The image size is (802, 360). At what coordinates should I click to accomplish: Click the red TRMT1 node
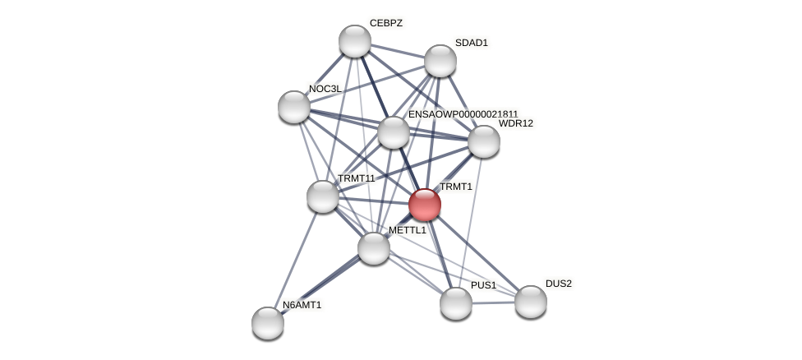(x=425, y=205)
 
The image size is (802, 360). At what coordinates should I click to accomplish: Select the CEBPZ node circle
(x=355, y=41)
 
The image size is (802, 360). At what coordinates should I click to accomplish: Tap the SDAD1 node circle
(x=440, y=61)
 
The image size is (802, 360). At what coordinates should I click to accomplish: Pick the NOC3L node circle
(x=294, y=107)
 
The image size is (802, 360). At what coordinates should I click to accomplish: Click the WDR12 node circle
(x=484, y=141)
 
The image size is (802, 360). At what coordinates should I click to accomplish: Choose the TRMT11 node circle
(x=323, y=196)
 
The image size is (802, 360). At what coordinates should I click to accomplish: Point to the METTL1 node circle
(x=374, y=248)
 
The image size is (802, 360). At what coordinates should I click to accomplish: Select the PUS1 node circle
(x=456, y=303)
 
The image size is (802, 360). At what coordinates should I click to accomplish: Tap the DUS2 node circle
(x=531, y=302)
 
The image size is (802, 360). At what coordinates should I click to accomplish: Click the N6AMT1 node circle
(x=268, y=323)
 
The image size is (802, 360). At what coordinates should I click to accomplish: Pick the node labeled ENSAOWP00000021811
(x=394, y=132)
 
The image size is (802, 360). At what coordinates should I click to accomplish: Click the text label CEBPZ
(x=386, y=23)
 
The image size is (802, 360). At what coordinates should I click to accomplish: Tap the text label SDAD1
(x=472, y=43)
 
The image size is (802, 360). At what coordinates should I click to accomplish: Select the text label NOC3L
(x=325, y=89)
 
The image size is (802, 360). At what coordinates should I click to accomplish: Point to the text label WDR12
(x=516, y=123)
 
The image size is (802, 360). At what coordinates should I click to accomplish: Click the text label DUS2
(x=559, y=284)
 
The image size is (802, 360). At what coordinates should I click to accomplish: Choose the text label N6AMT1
(x=302, y=305)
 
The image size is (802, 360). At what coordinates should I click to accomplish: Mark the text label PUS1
(x=483, y=285)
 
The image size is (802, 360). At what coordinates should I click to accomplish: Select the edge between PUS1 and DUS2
(x=493, y=303)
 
